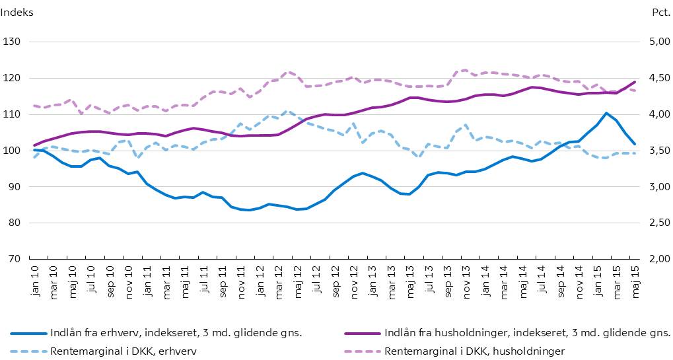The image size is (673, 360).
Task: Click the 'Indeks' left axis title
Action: [17, 12]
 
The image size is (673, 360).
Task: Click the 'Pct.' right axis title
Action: [660, 12]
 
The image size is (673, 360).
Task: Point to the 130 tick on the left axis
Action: [13, 42]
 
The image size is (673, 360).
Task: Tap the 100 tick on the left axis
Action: [13, 151]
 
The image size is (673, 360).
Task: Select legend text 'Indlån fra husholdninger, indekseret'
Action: [527, 332]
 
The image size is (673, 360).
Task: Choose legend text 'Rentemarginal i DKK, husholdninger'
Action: [474, 350]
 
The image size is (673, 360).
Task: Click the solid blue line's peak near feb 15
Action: [606, 113]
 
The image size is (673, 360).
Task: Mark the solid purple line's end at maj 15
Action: [635, 82]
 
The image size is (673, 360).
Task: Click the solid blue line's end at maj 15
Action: [635, 143]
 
